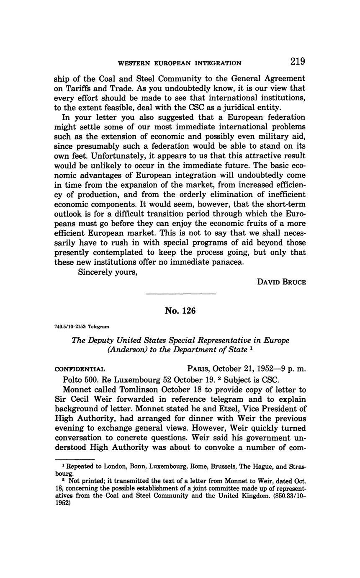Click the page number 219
[x=297, y=62]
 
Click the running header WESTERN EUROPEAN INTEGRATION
[x=180, y=63]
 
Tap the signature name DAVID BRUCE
[x=281, y=282]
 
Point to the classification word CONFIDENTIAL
[x=80, y=369]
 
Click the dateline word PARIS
[x=198, y=369]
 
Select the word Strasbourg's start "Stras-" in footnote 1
[x=297, y=466]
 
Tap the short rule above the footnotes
[x=69, y=459]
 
